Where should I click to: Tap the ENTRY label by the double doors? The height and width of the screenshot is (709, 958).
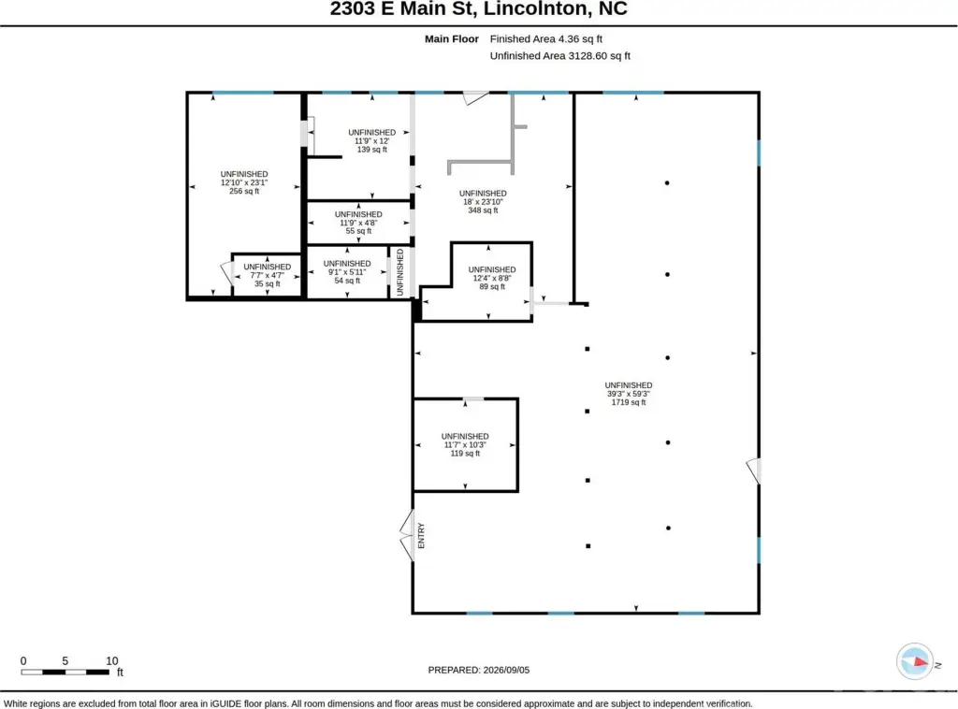(x=421, y=536)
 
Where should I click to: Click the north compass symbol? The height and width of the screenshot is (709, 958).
(x=915, y=661)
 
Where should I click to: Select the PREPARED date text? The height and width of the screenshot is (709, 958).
(x=478, y=670)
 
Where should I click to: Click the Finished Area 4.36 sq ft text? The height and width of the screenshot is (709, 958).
(x=545, y=39)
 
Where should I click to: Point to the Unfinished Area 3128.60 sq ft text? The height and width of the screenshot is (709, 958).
(x=559, y=55)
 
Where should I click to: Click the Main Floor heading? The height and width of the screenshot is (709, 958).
(x=452, y=39)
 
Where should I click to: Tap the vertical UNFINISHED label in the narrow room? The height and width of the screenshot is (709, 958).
(x=400, y=272)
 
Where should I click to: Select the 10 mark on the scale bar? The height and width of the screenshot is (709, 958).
(x=112, y=660)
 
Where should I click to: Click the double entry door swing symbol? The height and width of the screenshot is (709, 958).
(x=407, y=536)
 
